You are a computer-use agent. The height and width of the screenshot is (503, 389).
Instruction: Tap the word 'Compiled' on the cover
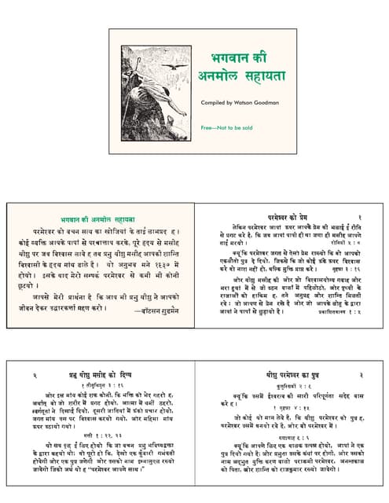[x=212, y=103]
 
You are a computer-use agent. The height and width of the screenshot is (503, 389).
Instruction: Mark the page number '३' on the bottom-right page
[x=359, y=376]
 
